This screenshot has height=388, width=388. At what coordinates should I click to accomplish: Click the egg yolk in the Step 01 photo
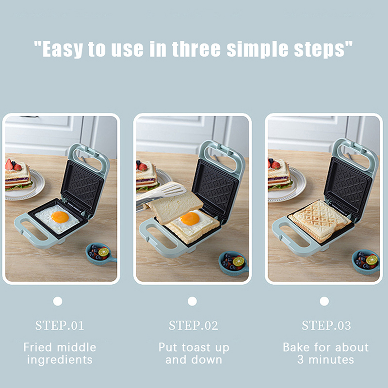60,217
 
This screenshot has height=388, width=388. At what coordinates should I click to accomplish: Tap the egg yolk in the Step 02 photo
190,219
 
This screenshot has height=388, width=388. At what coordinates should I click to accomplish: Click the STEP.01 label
59,325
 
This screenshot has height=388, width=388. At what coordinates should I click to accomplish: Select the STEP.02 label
194,325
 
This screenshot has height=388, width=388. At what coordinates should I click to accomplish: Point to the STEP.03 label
326,325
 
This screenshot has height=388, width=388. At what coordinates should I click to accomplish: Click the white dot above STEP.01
58,301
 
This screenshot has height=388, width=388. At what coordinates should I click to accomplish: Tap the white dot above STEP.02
192,301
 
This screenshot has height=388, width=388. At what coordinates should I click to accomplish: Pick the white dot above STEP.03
324,301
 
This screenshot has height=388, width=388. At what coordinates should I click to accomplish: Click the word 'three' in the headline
196,49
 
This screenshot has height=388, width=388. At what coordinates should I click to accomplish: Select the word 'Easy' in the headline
63,49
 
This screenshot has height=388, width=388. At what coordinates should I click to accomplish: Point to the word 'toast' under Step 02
197,347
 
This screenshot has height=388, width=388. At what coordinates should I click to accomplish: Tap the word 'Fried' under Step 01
37,347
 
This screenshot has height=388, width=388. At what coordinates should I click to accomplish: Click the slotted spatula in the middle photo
163,194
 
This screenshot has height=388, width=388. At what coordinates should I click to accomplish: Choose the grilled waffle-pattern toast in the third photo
320,221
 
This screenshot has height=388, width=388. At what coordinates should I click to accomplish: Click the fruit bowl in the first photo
100,254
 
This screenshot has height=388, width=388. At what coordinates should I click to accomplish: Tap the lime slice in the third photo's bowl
372,260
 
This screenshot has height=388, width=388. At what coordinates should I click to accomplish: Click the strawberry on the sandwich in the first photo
9,164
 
